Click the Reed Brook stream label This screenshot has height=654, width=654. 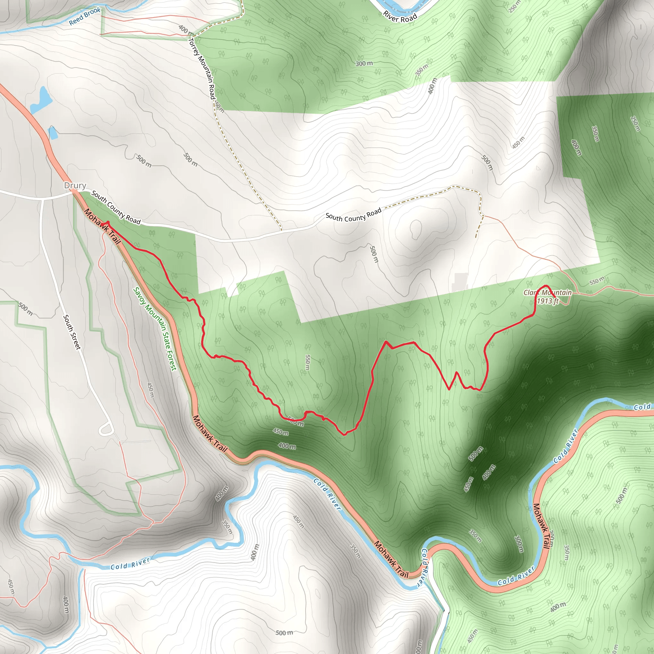point(85,16)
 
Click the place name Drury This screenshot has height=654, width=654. point(75,186)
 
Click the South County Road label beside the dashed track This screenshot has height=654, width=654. point(354,215)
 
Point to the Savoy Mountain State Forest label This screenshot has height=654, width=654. point(155,329)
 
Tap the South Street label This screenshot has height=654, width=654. point(72,332)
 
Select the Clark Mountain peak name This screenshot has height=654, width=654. point(547,293)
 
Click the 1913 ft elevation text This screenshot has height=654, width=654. point(547,301)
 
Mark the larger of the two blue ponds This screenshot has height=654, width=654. point(41,100)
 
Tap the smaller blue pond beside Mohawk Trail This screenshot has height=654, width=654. point(53,133)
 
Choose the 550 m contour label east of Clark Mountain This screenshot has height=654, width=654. point(597,281)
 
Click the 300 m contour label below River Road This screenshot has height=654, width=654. point(364,63)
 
